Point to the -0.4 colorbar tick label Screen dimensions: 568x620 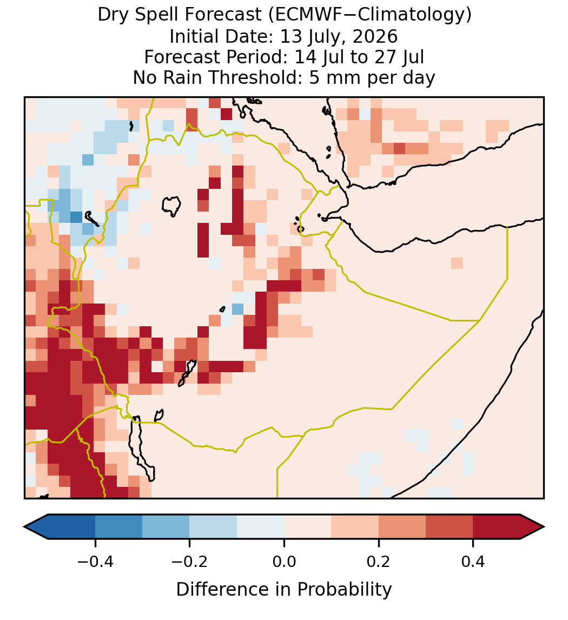[x=95, y=562]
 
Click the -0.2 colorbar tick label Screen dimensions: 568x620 [x=190, y=562]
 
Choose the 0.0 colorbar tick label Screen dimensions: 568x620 [x=284, y=562]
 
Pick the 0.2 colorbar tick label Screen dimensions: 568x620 [x=379, y=562]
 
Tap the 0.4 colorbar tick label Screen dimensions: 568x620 [x=473, y=562]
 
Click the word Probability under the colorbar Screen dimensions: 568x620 [x=344, y=590]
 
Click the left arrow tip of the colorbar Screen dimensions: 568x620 [x=24, y=527]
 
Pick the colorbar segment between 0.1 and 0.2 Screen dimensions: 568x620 [x=355, y=527]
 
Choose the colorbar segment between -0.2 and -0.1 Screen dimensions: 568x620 [x=214, y=527]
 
